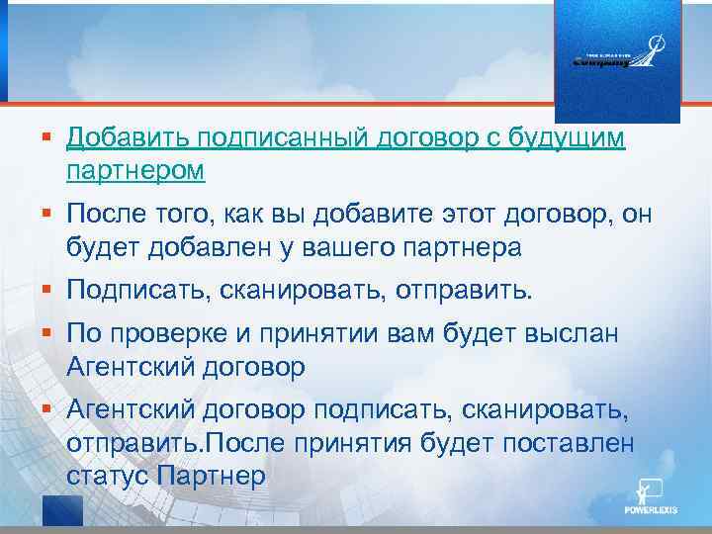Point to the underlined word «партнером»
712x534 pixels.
point(135,171)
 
